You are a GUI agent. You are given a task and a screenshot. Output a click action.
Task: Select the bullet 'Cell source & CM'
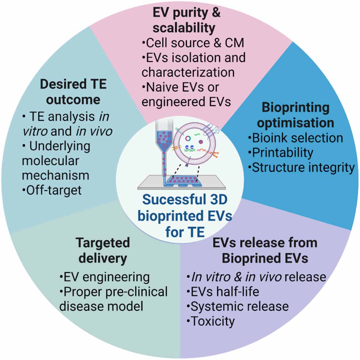click(x=193, y=43)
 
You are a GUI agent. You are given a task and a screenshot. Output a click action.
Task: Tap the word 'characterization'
click(x=188, y=72)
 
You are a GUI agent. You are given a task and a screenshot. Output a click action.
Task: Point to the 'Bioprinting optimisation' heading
click(x=295, y=115)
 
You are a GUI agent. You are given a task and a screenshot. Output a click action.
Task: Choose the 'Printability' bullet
click(x=281, y=153)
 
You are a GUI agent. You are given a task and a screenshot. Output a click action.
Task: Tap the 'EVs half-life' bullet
click(x=223, y=292)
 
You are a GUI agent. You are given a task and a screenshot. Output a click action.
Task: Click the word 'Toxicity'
click(x=212, y=321)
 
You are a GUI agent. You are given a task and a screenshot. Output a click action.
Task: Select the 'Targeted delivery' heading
click(x=103, y=250)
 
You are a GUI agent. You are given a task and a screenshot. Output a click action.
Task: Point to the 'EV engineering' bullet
click(x=105, y=277)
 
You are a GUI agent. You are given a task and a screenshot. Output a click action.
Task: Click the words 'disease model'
click(x=101, y=306)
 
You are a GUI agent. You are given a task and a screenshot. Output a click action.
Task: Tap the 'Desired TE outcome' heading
click(x=73, y=92)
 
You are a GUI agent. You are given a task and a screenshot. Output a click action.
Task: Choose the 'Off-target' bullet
click(x=52, y=190)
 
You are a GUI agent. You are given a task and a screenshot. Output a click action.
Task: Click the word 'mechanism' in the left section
click(x=55, y=175)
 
